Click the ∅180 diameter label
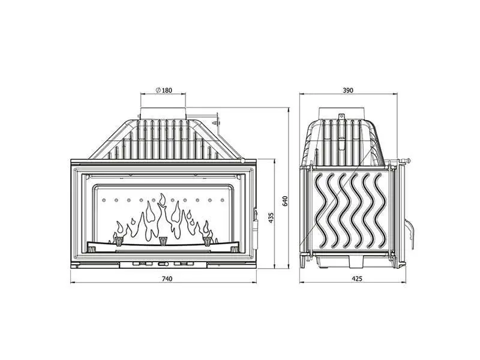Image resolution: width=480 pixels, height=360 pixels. point(163,91)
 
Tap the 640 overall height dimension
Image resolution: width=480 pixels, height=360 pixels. point(286,200)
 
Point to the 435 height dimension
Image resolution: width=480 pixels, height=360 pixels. point(271,217)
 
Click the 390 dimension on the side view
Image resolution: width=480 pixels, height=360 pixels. point(348,91)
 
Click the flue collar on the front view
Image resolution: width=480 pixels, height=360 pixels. point(163,113)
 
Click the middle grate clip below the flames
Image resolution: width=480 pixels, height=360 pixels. point(163,241)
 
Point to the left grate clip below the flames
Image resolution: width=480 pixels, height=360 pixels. point(119,241)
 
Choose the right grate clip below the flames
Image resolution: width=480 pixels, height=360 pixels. point(208,241)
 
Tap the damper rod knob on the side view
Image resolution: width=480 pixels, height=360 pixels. point(408,161)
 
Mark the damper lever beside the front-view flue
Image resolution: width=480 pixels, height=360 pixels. point(214,120)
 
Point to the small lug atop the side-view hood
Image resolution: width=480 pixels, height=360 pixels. point(341,116)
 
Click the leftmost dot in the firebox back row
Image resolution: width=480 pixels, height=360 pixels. point(103,200)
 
